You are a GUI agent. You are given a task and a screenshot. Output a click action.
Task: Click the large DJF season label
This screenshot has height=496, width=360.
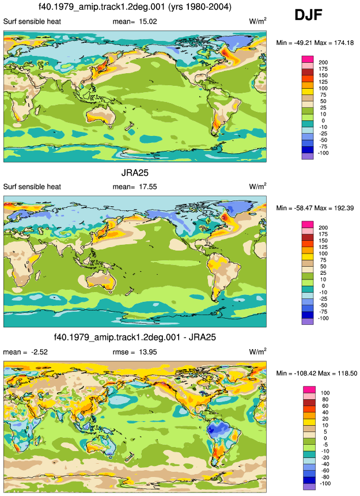coord(308,15)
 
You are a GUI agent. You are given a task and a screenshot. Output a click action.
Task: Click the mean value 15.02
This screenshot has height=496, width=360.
coord(148,21)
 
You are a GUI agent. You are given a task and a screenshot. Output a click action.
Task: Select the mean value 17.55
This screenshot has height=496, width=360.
coord(148,187)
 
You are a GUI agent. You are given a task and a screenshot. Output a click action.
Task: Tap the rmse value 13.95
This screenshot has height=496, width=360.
coord(148,352)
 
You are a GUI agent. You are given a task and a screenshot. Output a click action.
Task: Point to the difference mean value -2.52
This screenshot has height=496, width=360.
coord(39,352)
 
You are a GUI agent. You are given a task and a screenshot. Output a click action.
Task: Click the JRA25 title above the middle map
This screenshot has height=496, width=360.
coord(135,173)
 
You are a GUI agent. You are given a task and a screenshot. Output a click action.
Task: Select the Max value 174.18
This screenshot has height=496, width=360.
coord(344,43)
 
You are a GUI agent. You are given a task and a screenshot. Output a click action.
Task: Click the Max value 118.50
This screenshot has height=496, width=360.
coord(347,373)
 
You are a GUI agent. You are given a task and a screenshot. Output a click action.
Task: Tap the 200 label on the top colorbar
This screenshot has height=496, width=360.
coord(323,62)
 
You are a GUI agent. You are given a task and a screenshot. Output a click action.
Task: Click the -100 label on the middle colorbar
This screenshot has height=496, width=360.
coord(323,318)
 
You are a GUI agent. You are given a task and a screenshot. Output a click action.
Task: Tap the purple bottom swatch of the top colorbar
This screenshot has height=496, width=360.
coord(308,156)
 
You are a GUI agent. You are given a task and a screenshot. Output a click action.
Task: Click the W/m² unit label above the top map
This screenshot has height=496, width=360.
coord(257,21)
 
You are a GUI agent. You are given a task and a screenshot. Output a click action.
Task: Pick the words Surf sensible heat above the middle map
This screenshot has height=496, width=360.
coord(32,187)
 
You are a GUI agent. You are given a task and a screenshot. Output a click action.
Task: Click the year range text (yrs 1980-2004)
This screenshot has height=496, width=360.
coord(200,7)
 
